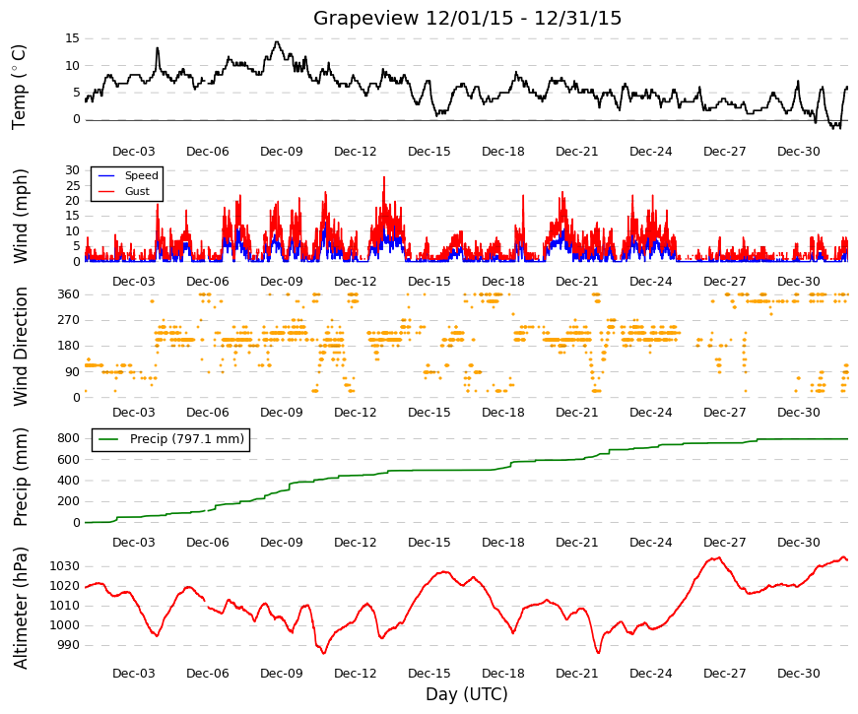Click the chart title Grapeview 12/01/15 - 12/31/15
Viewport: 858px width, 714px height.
[x=467, y=18]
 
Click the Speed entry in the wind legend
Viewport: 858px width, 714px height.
[x=141, y=175]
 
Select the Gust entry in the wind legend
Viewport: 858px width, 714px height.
[x=137, y=191]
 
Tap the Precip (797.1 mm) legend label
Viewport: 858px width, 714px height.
[x=187, y=439]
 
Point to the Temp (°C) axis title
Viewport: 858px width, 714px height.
[x=19, y=87]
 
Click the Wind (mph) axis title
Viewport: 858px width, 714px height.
[x=20, y=216]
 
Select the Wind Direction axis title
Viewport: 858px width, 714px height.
[x=21, y=347]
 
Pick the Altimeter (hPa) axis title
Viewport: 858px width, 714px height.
[x=21, y=608]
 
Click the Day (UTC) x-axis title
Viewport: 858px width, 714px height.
[x=467, y=694]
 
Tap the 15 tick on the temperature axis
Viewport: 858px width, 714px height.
[x=72, y=38]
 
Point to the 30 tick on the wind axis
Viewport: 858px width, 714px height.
[x=72, y=170]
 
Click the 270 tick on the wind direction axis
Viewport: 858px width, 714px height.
[x=69, y=320]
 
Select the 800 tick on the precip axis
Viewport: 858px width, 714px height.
[x=68, y=438]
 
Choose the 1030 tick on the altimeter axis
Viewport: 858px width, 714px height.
[x=65, y=566]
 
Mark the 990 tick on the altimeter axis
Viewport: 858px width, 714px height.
[x=68, y=645]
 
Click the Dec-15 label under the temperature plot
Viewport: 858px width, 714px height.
[x=429, y=152]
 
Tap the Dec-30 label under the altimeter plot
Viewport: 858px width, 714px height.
[x=798, y=674]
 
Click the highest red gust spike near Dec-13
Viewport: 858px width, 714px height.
[x=384, y=177]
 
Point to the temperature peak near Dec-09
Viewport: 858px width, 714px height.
[x=277, y=42]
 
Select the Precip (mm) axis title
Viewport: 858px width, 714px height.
[x=21, y=477]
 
